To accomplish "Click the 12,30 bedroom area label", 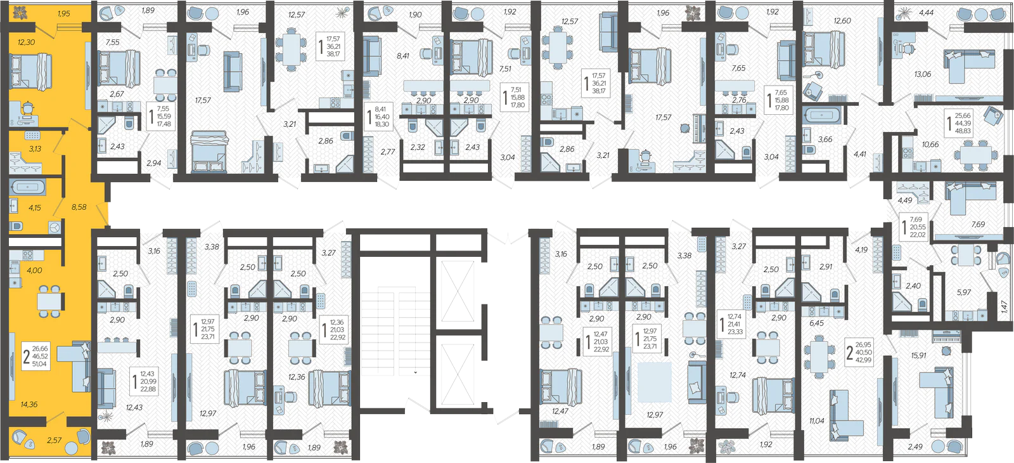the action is (26, 42).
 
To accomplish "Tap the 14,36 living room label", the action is (29, 404).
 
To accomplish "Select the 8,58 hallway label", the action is (79, 207).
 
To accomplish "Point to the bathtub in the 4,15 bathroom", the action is (27, 187).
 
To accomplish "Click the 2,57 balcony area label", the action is (55, 440).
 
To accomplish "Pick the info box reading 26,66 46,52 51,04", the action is (35, 356).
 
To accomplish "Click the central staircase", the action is (395, 330).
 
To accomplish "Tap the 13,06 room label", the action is (923, 74).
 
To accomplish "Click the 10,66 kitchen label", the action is (930, 145).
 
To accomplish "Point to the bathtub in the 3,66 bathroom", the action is (821, 115).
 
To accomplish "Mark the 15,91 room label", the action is (918, 356).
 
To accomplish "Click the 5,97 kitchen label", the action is (964, 292).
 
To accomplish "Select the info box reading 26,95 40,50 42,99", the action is (859, 353).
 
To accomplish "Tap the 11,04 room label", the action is (817, 421).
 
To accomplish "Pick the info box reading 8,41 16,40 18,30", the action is (378, 117).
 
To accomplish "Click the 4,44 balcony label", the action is (926, 13).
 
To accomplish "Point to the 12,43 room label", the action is (134, 407).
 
